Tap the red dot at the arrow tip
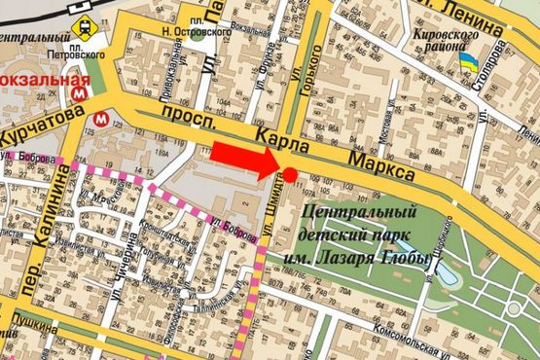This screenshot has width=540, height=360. (290, 174)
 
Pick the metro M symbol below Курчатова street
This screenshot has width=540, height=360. (101, 119)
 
